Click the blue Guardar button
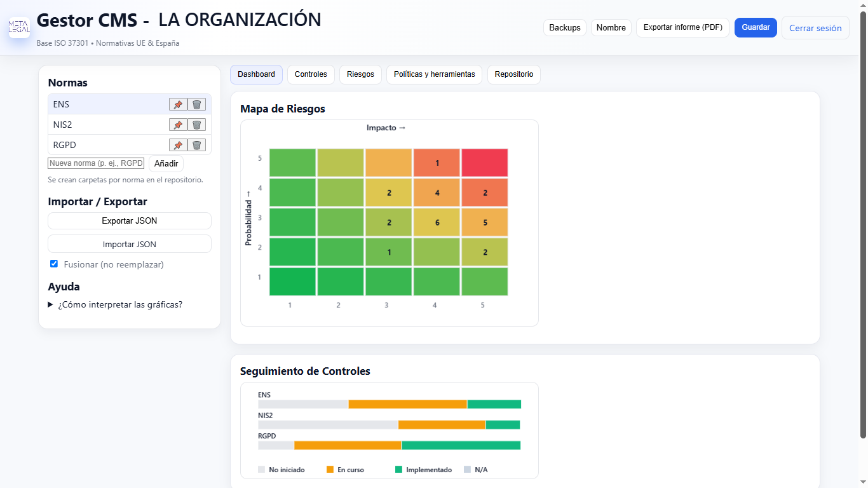(756, 27)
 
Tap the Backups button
(565, 27)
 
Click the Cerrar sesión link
(815, 28)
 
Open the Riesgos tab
(360, 74)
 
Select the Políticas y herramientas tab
(435, 74)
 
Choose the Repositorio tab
(514, 74)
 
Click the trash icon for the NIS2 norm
(196, 125)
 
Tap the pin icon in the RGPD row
(178, 145)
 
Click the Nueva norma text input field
(96, 163)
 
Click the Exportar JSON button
(130, 220)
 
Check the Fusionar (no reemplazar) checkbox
(54, 264)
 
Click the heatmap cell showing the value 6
(437, 222)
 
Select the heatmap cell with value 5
(485, 222)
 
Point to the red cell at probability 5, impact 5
(485, 163)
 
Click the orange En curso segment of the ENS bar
(408, 404)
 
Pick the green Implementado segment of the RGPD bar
(461, 445)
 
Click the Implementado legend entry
(424, 470)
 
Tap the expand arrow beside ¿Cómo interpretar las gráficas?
(50, 304)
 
